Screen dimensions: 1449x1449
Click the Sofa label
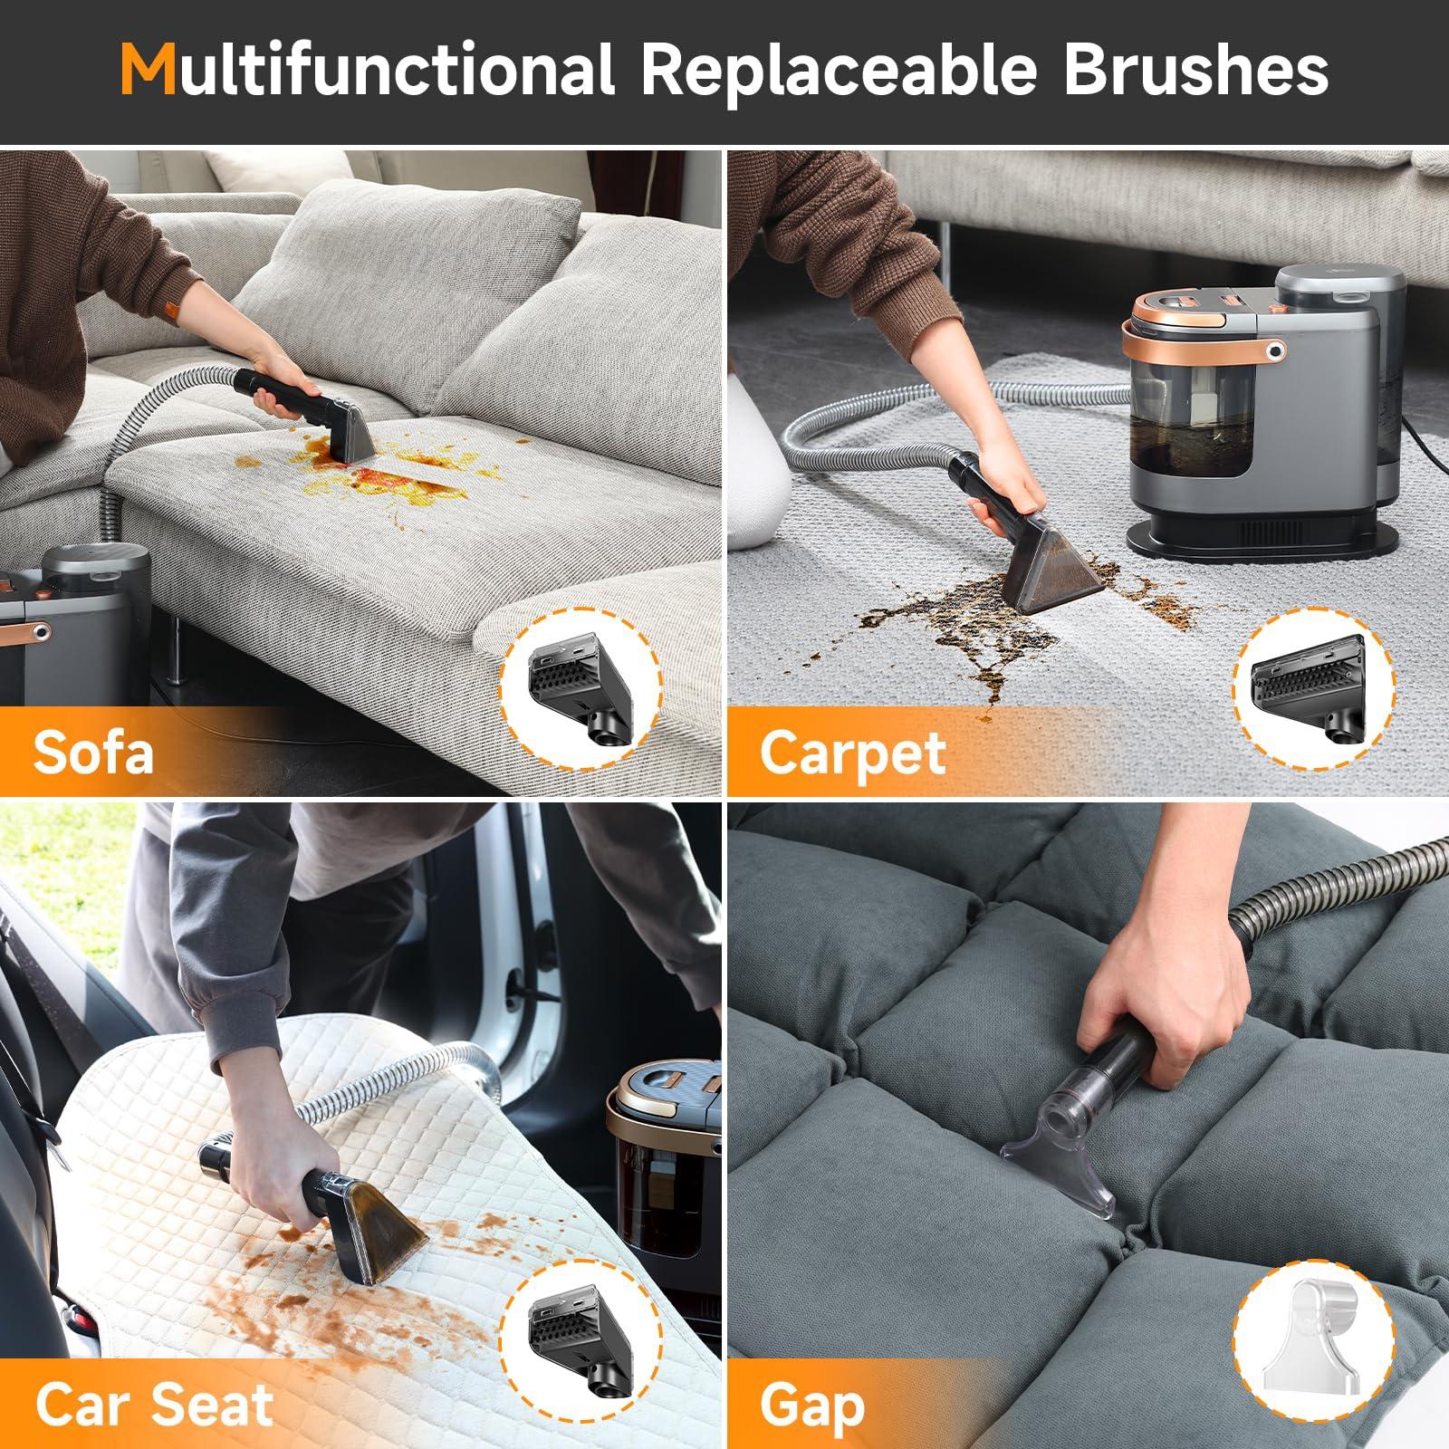[x=93, y=751]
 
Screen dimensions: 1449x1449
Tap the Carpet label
[x=852, y=753]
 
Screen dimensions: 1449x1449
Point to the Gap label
[x=812, y=1405]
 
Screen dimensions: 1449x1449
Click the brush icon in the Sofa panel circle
[x=581, y=689]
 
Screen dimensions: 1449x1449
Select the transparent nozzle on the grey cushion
[x=1060, y=1150]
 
